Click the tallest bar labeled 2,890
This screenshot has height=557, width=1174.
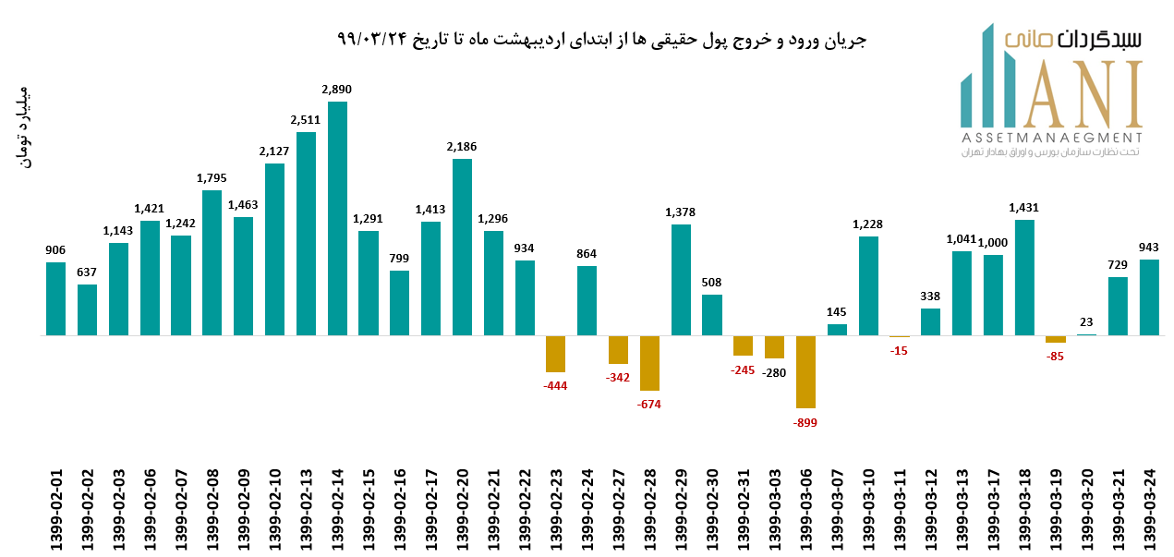click(337, 218)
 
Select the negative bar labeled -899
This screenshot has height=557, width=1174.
click(805, 371)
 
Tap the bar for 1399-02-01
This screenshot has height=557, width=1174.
click(56, 298)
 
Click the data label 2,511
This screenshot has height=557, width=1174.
click(306, 119)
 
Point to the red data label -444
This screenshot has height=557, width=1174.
click(555, 385)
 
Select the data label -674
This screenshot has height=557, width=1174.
click(649, 404)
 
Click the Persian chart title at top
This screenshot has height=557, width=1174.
click(601, 40)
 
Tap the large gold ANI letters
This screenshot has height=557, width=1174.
click(1071, 94)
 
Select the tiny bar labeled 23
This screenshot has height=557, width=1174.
click(1086, 334)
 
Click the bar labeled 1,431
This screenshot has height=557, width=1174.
click(1024, 277)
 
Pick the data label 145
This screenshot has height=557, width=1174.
click(837, 312)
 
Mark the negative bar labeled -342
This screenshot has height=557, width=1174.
click(618, 349)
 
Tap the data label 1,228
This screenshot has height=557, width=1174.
click(868, 224)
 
